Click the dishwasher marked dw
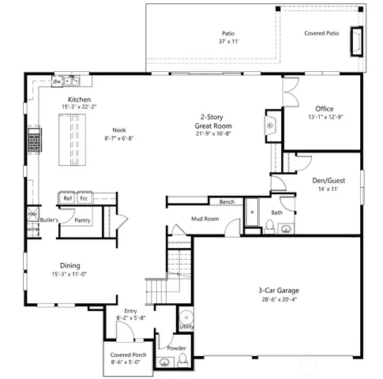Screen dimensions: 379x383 58,81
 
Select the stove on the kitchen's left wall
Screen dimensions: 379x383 35,141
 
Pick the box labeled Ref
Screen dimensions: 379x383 68,198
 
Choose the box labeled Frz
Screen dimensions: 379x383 84,198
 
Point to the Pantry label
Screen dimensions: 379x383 82,220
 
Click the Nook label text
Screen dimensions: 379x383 118,130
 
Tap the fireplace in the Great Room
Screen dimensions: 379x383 270,126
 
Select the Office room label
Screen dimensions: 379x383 324,109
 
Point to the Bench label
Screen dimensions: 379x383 227,202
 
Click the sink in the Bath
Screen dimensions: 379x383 286,230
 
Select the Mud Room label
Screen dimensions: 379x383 205,219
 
